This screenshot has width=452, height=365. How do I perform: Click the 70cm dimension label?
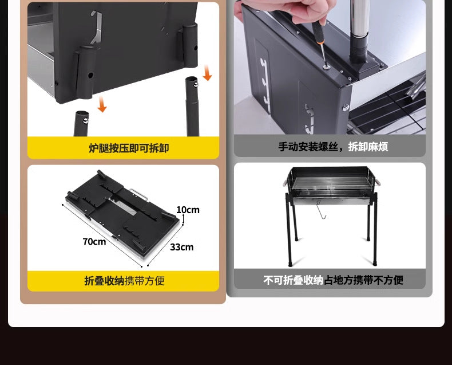(94, 241)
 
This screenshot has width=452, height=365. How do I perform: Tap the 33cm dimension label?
(181, 247)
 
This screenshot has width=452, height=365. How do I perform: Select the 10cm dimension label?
(188, 210)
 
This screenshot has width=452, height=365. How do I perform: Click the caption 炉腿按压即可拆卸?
(129, 148)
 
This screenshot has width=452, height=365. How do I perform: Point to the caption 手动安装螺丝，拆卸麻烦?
(333, 147)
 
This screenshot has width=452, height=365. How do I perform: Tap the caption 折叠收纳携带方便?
(124, 281)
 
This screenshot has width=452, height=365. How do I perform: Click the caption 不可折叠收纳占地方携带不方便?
(333, 280)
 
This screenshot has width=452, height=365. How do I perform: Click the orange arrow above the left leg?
(102, 104)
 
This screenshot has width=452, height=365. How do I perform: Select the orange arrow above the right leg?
(207, 73)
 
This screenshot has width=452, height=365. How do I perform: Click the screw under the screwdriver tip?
(327, 67)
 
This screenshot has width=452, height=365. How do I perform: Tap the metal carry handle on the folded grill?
(139, 194)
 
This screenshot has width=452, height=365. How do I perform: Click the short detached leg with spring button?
(81, 123)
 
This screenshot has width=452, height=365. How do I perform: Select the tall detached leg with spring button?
(192, 106)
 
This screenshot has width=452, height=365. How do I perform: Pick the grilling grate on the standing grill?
(331, 183)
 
